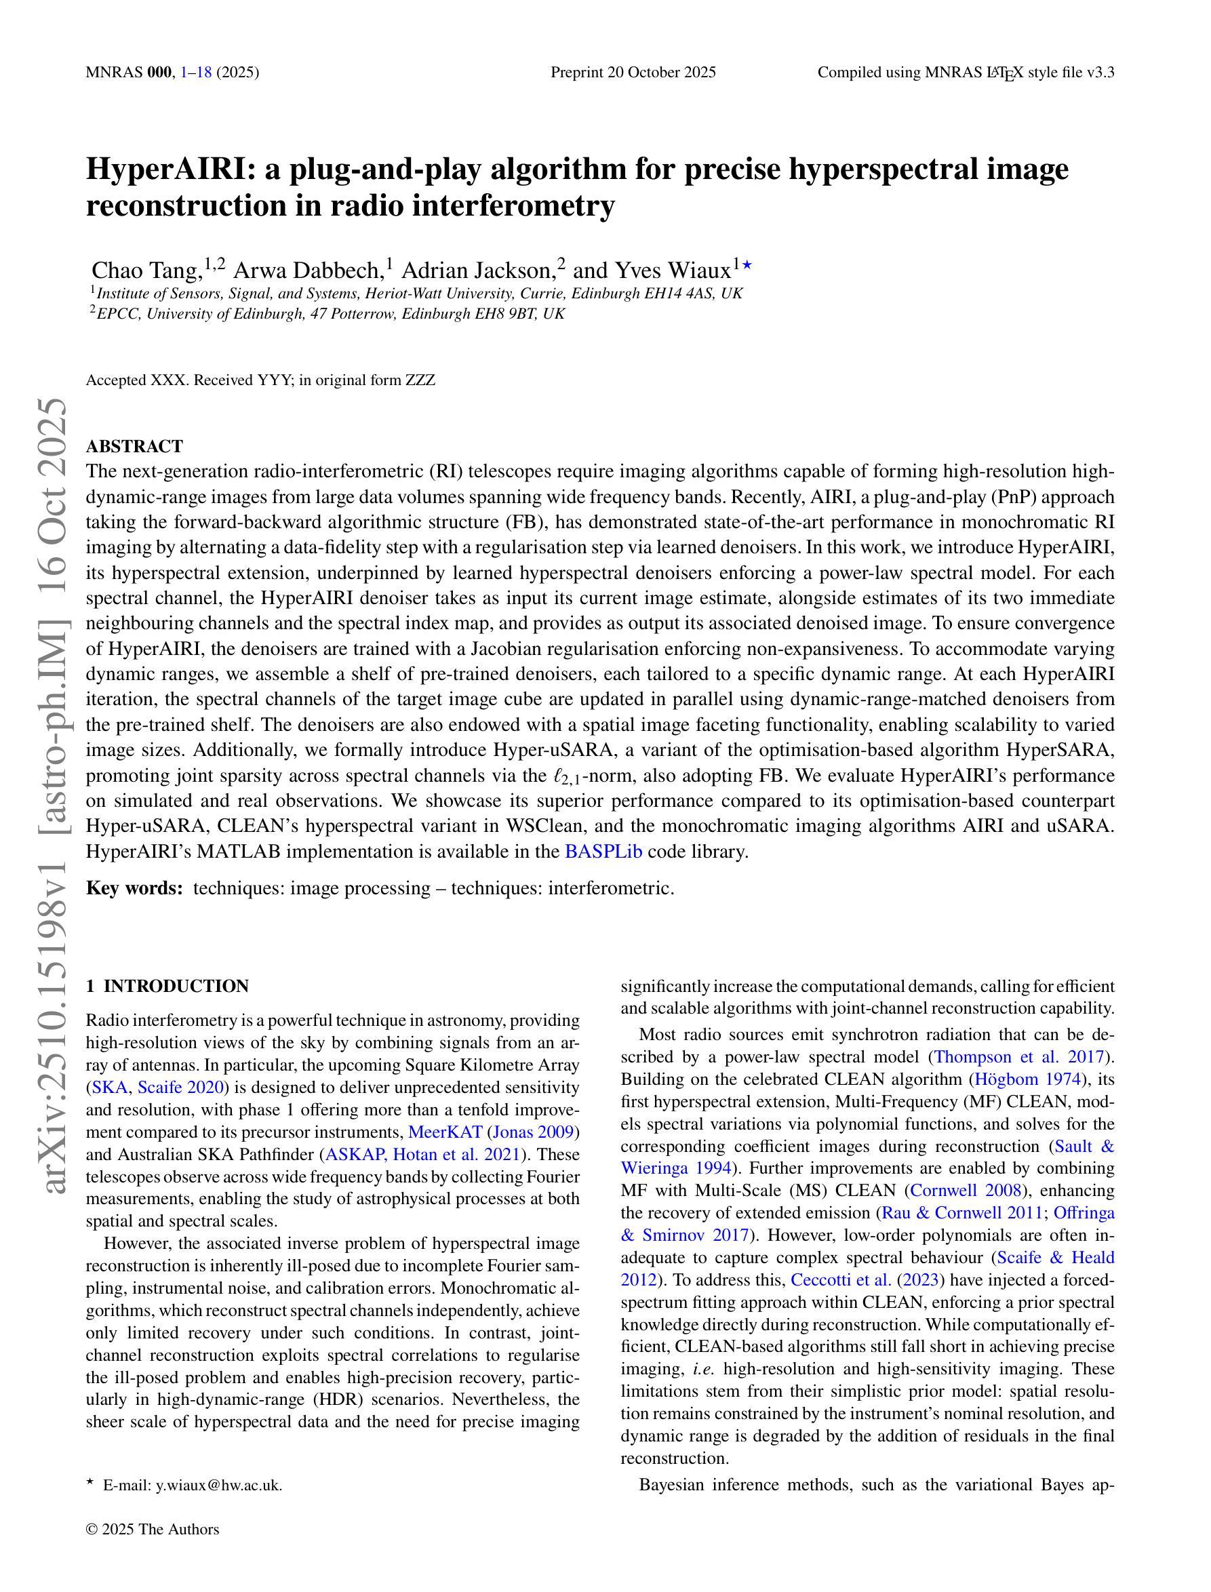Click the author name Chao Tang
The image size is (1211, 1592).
(x=145, y=271)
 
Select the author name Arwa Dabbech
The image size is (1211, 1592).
(x=306, y=271)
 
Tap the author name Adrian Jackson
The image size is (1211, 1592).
(x=476, y=271)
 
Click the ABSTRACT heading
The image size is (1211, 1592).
(x=134, y=446)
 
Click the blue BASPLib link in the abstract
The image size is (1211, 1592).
(x=603, y=851)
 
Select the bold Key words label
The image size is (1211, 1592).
(x=134, y=888)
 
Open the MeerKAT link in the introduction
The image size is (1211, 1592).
(x=445, y=1132)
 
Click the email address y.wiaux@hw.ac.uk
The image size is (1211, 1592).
(x=218, y=1485)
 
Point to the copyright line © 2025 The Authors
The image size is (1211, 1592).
(x=152, y=1530)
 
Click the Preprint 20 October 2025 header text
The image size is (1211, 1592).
(x=633, y=72)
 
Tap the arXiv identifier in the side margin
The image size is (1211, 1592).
(x=56, y=793)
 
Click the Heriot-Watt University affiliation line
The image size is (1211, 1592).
(x=418, y=294)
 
